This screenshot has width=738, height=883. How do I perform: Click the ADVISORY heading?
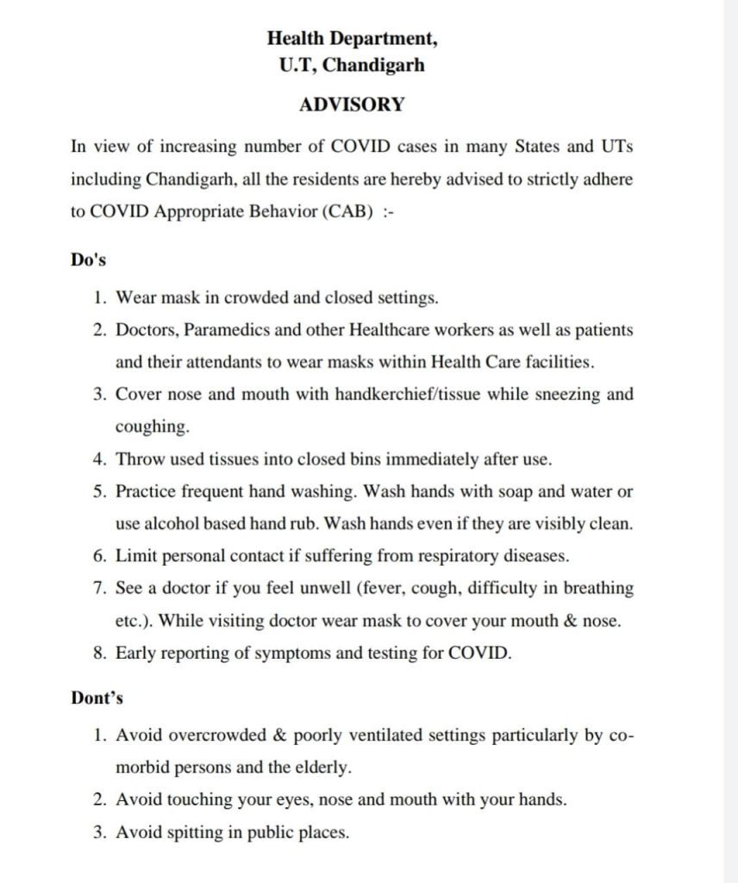(352, 104)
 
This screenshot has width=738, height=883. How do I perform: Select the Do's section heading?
(88, 259)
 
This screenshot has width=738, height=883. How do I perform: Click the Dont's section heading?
(97, 697)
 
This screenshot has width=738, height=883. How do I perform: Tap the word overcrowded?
(220, 736)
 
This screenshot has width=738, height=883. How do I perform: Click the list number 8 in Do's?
(100, 653)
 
